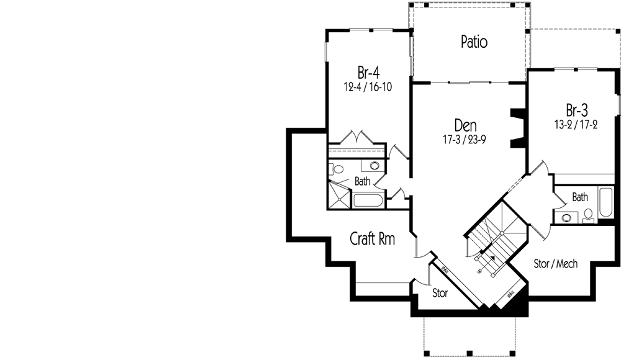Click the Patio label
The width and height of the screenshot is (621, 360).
pos(474,42)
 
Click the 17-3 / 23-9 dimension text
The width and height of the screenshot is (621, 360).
pos(465,140)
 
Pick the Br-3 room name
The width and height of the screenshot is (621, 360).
pos(576,110)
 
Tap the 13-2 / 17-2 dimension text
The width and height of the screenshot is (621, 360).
pos(576,125)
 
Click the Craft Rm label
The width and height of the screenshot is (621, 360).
pos(373,238)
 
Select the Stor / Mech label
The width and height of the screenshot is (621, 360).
pos(556,264)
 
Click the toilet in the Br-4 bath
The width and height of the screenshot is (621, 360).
pos(338,168)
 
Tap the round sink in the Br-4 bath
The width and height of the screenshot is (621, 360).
pos(374,166)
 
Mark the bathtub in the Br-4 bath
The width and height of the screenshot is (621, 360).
pos(369,201)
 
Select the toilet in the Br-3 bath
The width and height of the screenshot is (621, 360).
pos(588,217)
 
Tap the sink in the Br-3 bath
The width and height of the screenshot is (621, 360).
pos(567,217)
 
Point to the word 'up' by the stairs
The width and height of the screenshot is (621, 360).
pos(479,271)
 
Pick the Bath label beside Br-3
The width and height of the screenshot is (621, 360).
pos(580,197)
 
